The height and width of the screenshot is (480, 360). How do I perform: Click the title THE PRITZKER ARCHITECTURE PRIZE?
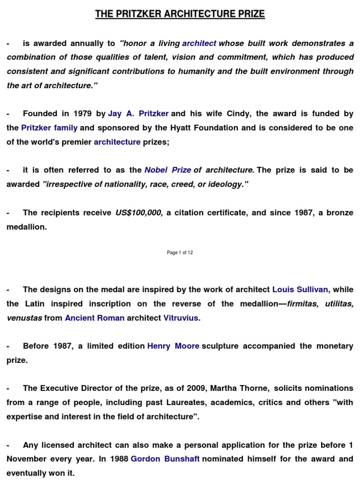[x=180, y=14]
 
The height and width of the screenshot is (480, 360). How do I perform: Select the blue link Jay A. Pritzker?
[x=138, y=114]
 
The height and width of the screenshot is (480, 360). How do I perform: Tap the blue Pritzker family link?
[x=49, y=128]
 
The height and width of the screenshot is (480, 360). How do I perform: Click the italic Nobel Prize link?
[x=167, y=170]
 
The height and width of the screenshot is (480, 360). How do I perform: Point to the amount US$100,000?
[x=139, y=213]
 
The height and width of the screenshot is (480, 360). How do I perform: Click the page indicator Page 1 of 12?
[x=180, y=253]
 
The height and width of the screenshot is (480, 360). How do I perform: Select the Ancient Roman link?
[x=95, y=318]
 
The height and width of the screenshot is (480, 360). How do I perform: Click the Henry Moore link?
[x=173, y=346]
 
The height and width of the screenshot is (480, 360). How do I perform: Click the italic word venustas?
[x=24, y=318]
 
